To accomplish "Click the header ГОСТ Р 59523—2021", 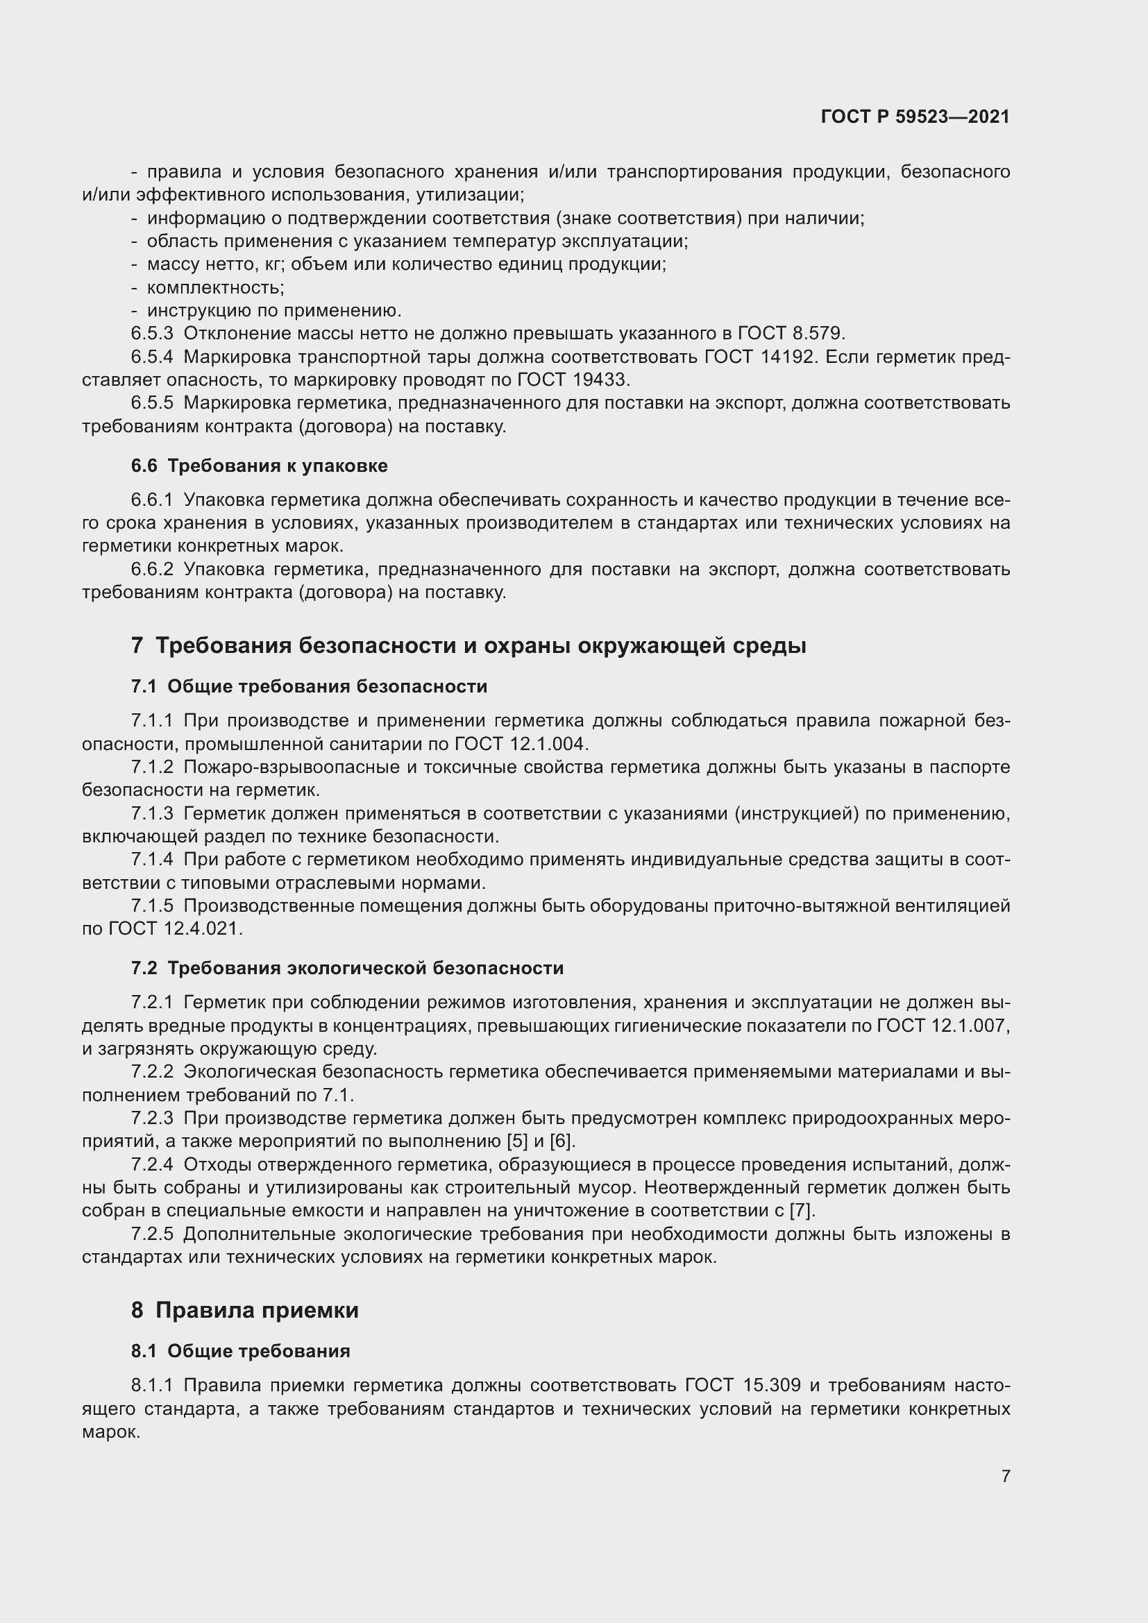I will tap(915, 117).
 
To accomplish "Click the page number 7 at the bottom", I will tap(1005, 1476).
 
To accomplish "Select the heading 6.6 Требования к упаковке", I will tap(259, 466).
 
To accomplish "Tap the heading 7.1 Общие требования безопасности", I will tap(309, 686).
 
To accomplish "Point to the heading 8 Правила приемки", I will tap(244, 1310).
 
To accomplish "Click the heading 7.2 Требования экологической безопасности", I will tap(347, 968).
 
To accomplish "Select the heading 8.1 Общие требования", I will tap(240, 1351).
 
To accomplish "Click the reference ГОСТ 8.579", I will tap(791, 333).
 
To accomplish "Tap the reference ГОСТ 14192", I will tap(761, 356).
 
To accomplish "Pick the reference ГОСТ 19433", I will tap(573, 380).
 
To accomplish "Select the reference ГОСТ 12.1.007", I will tap(943, 1026).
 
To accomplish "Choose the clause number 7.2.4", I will tap(152, 1164).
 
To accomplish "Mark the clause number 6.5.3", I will tap(152, 333).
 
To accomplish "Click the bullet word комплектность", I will tap(215, 287).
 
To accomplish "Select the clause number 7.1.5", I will tap(152, 906).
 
